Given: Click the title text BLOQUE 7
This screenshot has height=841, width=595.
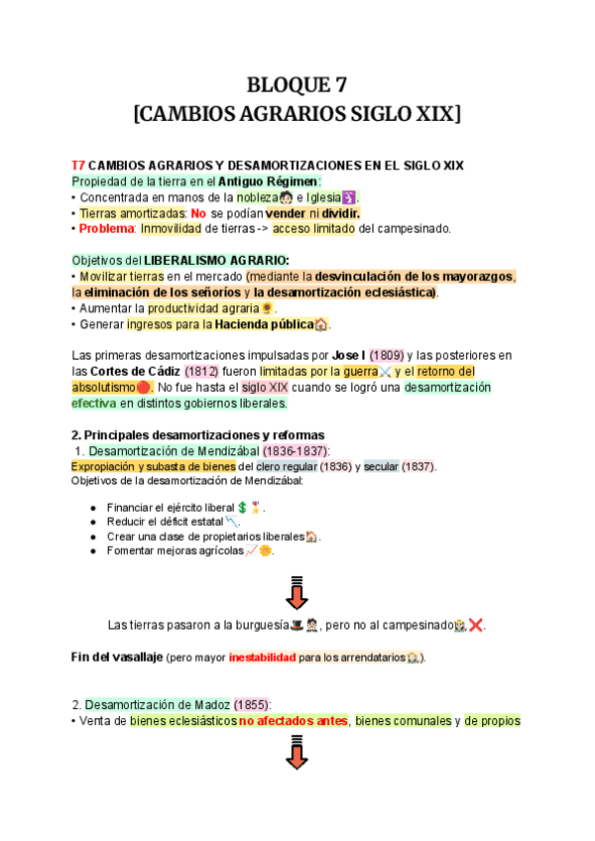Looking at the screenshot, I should click(297, 83).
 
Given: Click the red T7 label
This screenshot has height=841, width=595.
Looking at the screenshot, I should click(78, 165).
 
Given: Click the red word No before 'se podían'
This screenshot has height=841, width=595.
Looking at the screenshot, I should click(198, 213).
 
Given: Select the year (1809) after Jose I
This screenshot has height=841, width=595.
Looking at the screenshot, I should click(387, 355).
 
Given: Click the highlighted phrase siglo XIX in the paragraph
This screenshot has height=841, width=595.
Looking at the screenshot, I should click(264, 387).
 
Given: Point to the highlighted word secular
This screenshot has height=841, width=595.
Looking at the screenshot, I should click(380, 467).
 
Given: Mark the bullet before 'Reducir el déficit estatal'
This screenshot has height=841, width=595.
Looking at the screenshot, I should click(93, 522).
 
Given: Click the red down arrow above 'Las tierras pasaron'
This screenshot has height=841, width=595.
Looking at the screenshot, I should click(297, 593).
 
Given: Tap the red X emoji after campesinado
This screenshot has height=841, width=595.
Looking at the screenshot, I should click(476, 625).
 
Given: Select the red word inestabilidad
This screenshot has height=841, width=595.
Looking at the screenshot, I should click(262, 658).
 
